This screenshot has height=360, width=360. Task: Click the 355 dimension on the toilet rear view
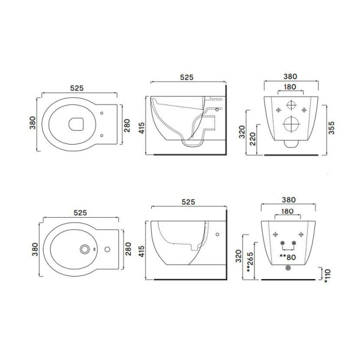coord(331,128)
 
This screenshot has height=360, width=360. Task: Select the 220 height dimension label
coord(253,139)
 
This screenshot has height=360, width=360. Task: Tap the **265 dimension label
coord(250,262)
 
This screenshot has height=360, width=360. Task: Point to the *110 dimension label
coord(327,276)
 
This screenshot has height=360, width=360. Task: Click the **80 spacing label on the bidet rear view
coord(287,257)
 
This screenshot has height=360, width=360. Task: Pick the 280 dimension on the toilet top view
coord(127,125)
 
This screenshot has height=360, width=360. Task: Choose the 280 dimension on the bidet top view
coord(128,249)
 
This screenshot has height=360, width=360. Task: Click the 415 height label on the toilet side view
coord(142,128)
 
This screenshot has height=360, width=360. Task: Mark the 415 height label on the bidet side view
coord(142,251)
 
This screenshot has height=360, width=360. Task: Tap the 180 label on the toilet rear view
coord(290,87)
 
